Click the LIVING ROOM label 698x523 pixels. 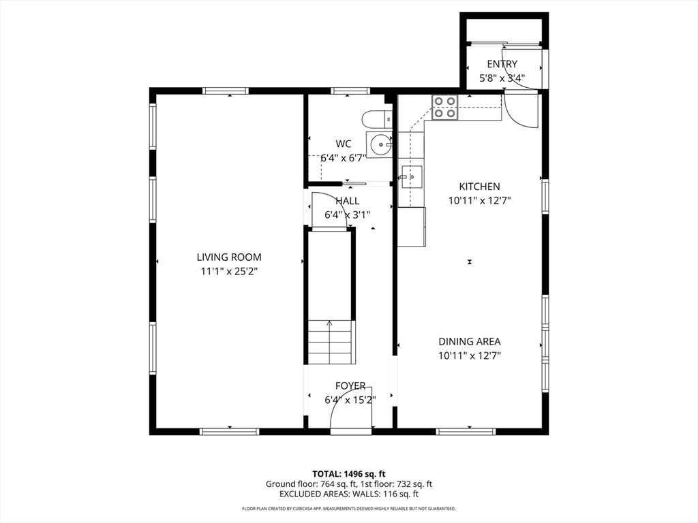pos(229,257)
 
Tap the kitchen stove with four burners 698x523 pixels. pos(444,107)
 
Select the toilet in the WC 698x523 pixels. pos(377,119)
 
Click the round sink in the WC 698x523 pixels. pos(380,144)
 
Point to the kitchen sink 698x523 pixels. pos(411,176)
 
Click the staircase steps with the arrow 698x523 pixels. pos(330,342)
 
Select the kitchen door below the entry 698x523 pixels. pos(520,111)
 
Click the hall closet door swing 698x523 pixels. pos(330,210)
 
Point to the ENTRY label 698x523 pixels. pos(502,64)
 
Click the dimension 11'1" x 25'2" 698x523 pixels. pos(229,271)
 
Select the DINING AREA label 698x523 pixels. pos(470,342)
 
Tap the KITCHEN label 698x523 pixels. pos(479,187)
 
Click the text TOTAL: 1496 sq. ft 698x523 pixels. pos(348,474)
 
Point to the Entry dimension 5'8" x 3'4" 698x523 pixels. pos(502,78)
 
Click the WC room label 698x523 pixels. pos(344,144)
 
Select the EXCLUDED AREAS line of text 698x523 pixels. pos(348,494)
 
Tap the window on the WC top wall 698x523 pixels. pos(350,91)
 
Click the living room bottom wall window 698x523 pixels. pos(229,431)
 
